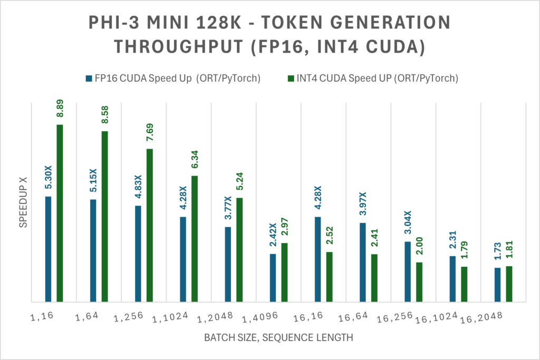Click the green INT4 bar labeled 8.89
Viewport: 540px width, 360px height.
point(60,213)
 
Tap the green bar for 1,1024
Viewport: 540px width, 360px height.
point(195,239)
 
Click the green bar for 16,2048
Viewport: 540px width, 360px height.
point(509,284)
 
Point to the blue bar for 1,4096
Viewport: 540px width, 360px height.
point(273,278)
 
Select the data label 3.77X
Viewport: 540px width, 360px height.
point(228,210)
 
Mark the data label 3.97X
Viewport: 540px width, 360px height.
point(363,206)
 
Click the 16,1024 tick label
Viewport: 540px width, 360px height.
point(437,318)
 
